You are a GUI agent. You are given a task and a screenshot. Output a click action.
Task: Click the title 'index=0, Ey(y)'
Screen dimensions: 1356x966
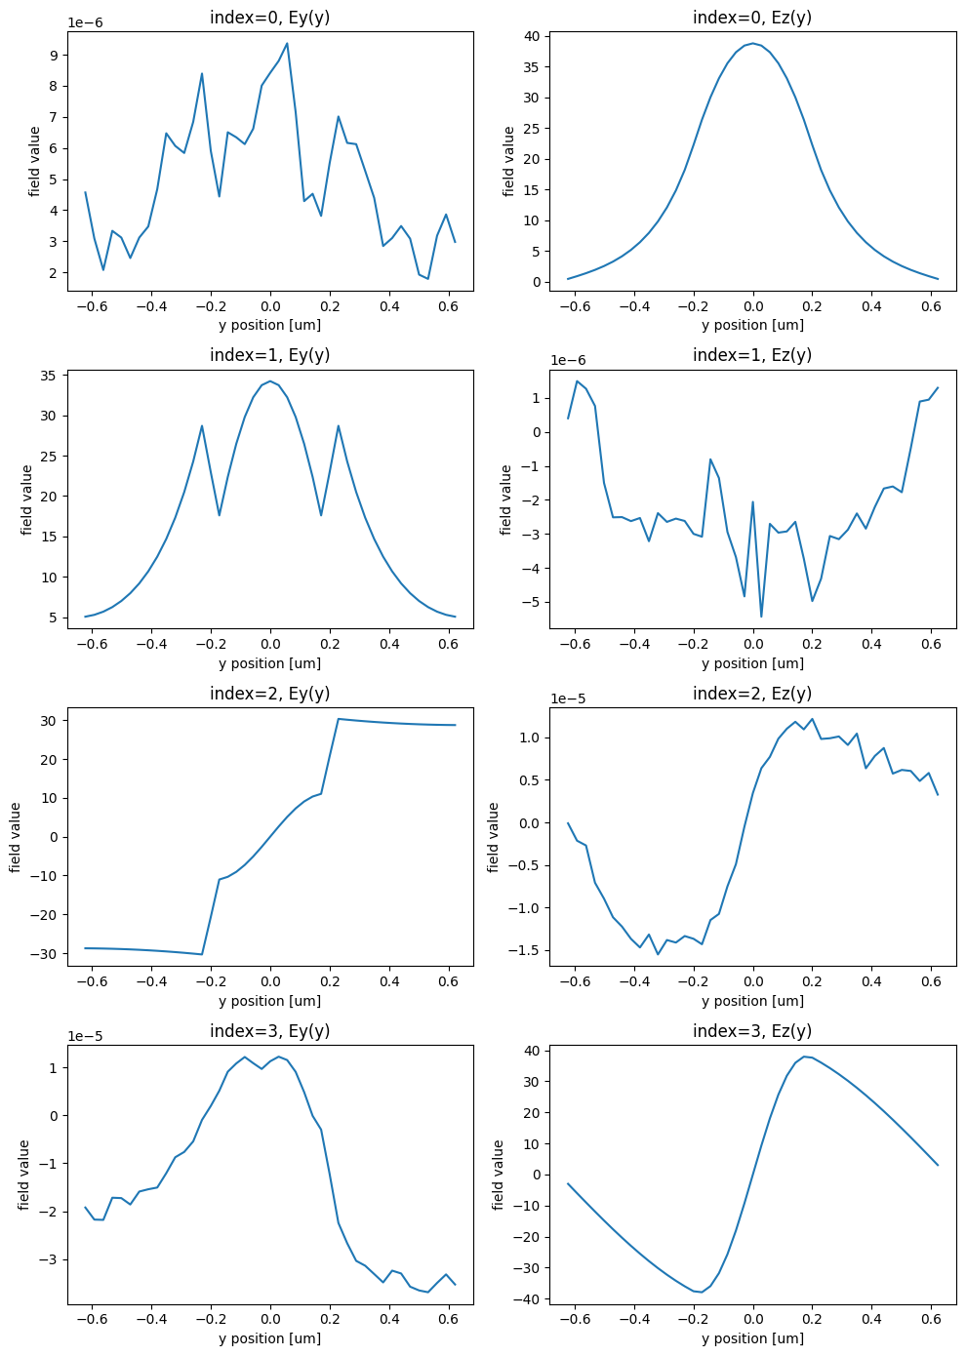tap(269, 18)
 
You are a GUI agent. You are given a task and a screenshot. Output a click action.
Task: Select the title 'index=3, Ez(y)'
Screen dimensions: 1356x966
tap(752, 1031)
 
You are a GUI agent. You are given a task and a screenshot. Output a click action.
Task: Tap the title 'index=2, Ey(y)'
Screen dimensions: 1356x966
tap(269, 694)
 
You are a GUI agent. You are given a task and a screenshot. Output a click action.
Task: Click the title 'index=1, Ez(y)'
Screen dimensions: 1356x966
tap(752, 355)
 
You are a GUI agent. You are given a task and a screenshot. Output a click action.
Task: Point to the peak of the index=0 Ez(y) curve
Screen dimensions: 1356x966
tap(752, 43)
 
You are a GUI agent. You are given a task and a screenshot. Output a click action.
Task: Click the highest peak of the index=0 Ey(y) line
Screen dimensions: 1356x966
tap(286, 43)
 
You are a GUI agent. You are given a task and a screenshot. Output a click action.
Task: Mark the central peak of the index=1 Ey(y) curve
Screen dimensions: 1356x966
tap(270, 381)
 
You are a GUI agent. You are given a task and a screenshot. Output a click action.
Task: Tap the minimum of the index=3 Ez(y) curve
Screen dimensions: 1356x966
tap(700, 1293)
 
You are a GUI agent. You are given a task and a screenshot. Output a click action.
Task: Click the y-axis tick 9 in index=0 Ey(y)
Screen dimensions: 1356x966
tap(54, 55)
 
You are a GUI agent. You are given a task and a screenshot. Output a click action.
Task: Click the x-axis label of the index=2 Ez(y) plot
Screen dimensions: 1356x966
tap(752, 1001)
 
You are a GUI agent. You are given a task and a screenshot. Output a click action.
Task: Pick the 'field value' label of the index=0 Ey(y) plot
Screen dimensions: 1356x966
tap(35, 161)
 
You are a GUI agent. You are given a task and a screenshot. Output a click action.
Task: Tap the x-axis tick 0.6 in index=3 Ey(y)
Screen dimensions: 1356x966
tap(448, 1318)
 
